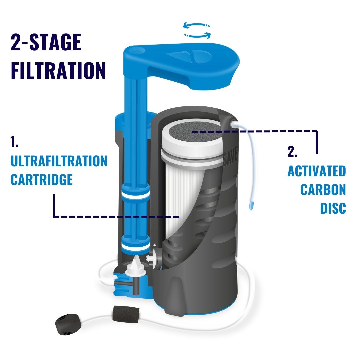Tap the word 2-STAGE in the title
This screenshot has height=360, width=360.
click(x=46, y=43)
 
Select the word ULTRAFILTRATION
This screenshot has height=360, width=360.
click(x=59, y=161)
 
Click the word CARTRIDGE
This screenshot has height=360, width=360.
click(x=42, y=180)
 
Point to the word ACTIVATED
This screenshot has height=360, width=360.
click(x=317, y=171)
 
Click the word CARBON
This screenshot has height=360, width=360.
click(x=323, y=190)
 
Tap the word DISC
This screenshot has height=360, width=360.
click(x=333, y=208)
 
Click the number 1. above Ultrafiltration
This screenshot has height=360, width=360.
click(x=14, y=142)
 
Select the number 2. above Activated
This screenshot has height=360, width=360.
click(x=292, y=152)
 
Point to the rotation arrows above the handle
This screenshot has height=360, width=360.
click(x=198, y=30)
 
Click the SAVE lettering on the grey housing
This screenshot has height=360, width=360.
click(x=230, y=156)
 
